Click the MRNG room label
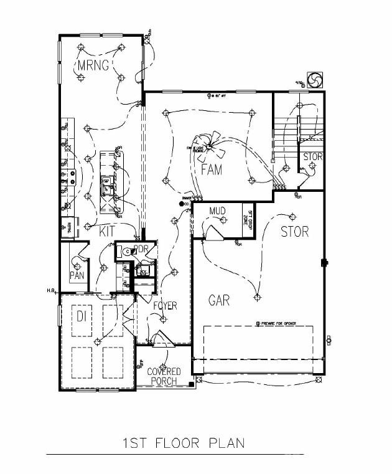tap(93, 65)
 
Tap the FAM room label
tap(212, 169)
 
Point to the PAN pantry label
tap(77, 275)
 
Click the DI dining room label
tap(82, 316)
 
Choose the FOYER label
tap(165, 306)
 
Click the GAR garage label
tap(218, 301)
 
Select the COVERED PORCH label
tap(164, 377)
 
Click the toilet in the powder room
tap(128, 252)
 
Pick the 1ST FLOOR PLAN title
tap(184, 443)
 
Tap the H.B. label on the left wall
tap(51, 291)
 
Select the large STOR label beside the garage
tap(294, 232)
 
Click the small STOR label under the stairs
tap(312, 157)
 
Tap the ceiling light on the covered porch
tap(164, 366)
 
